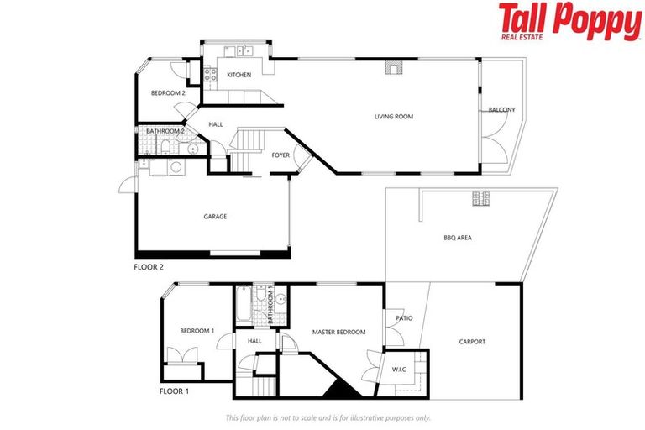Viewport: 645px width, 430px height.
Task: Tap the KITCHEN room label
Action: (239, 76)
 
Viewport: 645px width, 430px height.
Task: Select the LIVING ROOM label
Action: (394, 117)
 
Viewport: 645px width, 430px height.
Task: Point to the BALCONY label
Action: (502, 110)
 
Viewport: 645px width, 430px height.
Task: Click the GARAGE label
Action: (215, 217)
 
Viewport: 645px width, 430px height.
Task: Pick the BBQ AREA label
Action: (458, 238)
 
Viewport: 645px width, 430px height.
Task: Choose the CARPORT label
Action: (472, 342)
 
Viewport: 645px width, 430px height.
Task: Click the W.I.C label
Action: (400, 369)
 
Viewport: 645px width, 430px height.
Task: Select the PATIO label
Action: (404, 318)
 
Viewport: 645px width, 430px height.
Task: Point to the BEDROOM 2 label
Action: (168, 92)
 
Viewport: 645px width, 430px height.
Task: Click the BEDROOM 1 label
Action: (197, 331)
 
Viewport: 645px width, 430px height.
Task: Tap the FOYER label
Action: (281, 155)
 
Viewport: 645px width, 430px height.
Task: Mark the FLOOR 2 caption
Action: (149, 267)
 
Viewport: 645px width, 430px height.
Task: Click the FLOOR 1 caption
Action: (174, 391)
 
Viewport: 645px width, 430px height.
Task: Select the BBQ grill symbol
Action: (482, 199)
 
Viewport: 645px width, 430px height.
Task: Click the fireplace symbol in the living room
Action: (391, 67)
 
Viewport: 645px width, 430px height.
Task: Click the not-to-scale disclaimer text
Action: (328, 417)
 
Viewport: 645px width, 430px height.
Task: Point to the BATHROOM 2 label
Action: (165, 131)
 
